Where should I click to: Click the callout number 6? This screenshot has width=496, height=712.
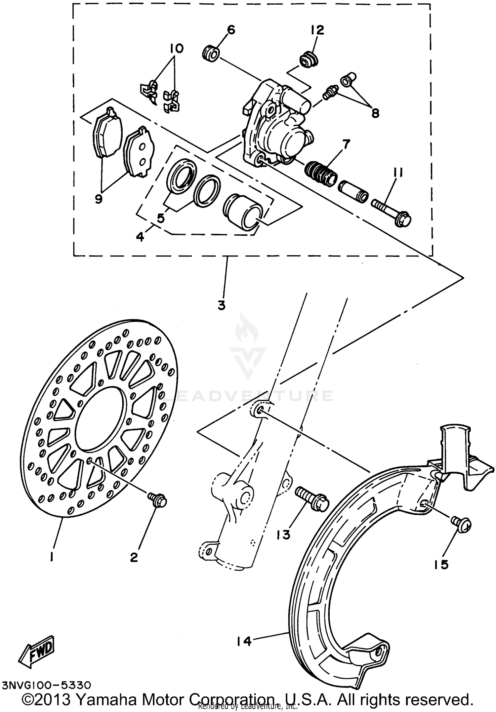pyautogui.click(x=231, y=30)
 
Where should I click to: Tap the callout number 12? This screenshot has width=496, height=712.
pyautogui.click(x=317, y=30)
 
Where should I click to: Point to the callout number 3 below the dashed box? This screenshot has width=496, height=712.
pyautogui.click(x=222, y=305)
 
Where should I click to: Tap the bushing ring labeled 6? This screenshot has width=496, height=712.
pyautogui.click(x=211, y=54)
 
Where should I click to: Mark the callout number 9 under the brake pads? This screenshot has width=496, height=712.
pyautogui.click(x=99, y=199)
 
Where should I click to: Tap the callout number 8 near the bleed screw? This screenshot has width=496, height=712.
pyautogui.click(x=375, y=113)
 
